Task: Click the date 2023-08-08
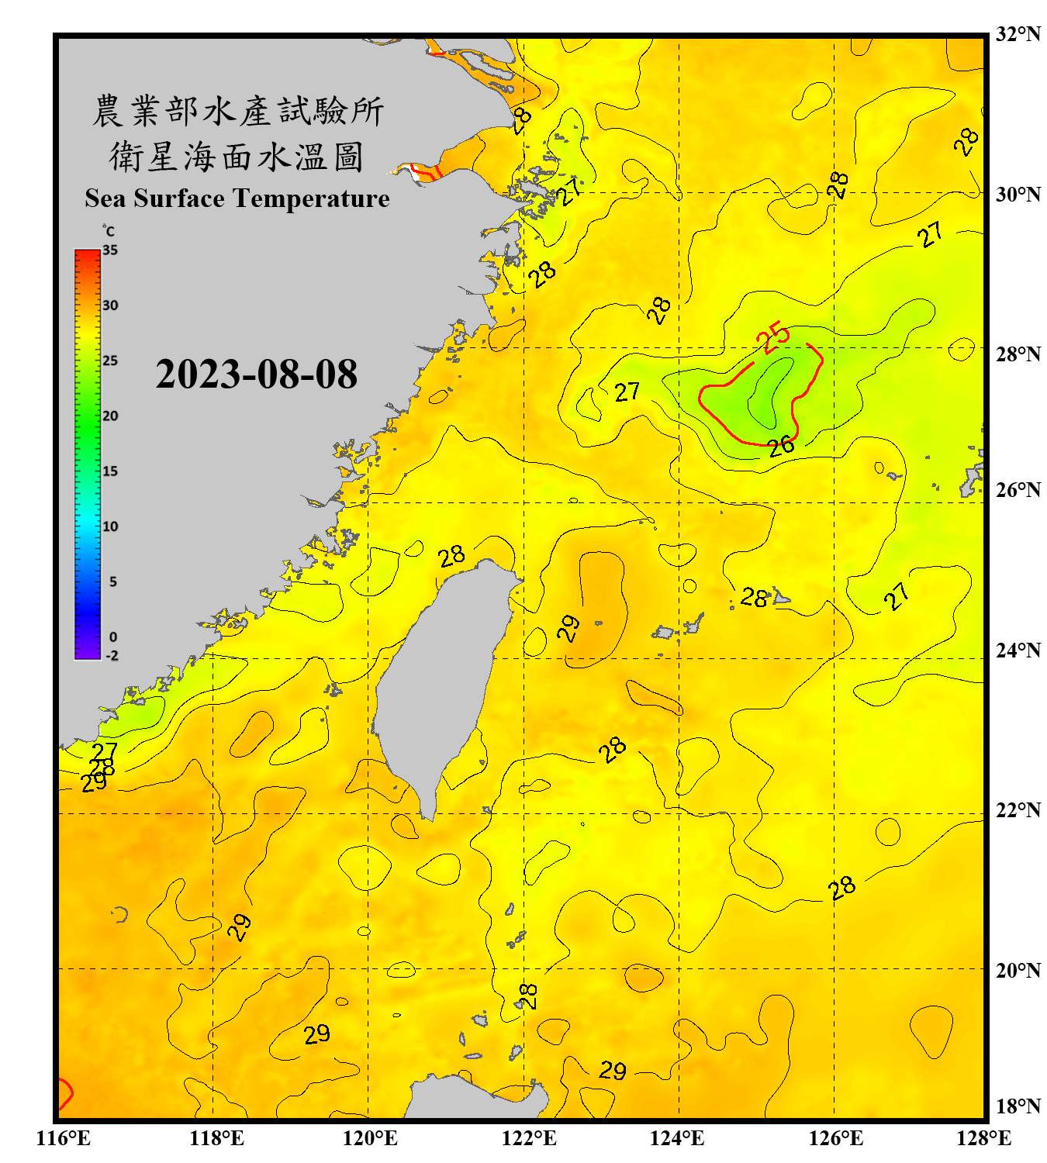coord(256,374)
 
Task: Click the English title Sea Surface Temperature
coord(237,198)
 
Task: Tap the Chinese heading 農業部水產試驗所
coord(237,111)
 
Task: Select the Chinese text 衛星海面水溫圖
coord(237,157)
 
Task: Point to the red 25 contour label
coord(773,337)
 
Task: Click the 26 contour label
coord(781,446)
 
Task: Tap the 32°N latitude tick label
coord(1018,34)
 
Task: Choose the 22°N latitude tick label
coord(1018,810)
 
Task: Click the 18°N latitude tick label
coord(1018,1106)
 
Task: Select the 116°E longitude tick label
coord(63,1138)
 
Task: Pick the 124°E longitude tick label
coord(677,1138)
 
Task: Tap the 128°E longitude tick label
coord(983,1138)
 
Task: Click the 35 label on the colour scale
coord(110,250)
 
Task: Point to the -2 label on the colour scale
coord(112,656)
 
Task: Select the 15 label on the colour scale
coord(110,471)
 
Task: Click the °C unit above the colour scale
coord(109,231)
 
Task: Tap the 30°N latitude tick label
coord(1018,195)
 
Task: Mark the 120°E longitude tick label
coord(370,1138)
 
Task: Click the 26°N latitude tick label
coord(1018,491)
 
